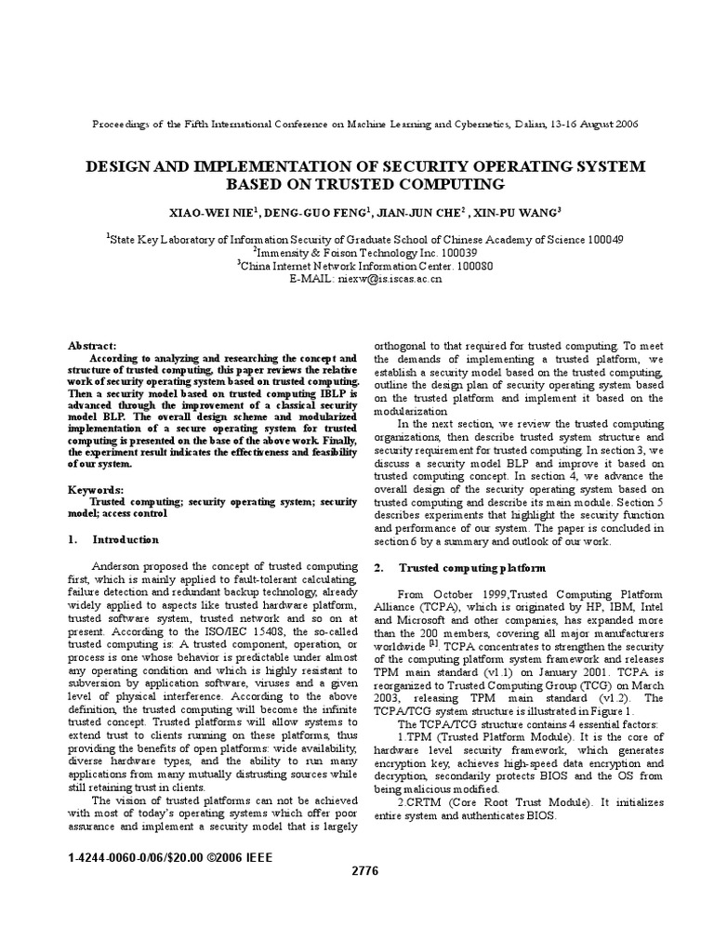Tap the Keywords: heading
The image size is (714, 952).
[x=98, y=489]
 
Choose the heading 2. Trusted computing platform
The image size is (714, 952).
[x=459, y=567]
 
